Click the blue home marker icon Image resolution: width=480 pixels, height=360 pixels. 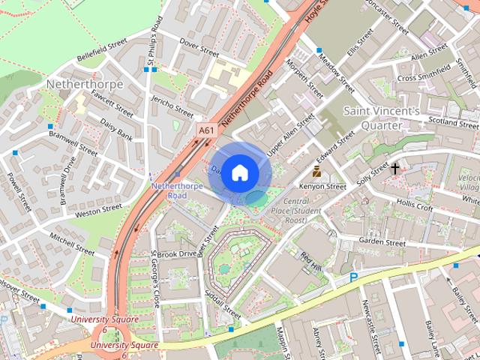(x=240, y=173)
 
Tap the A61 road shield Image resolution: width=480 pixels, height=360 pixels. (x=206, y=130)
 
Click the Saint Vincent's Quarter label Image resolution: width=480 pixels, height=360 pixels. (x=381, y=117)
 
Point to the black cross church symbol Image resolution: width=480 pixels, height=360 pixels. (x=395, y=169)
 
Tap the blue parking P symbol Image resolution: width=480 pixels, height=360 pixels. (x=353, y=277)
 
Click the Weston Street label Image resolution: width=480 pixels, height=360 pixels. (x=98, y=211)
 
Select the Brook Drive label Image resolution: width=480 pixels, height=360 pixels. (x=176, y=254)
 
